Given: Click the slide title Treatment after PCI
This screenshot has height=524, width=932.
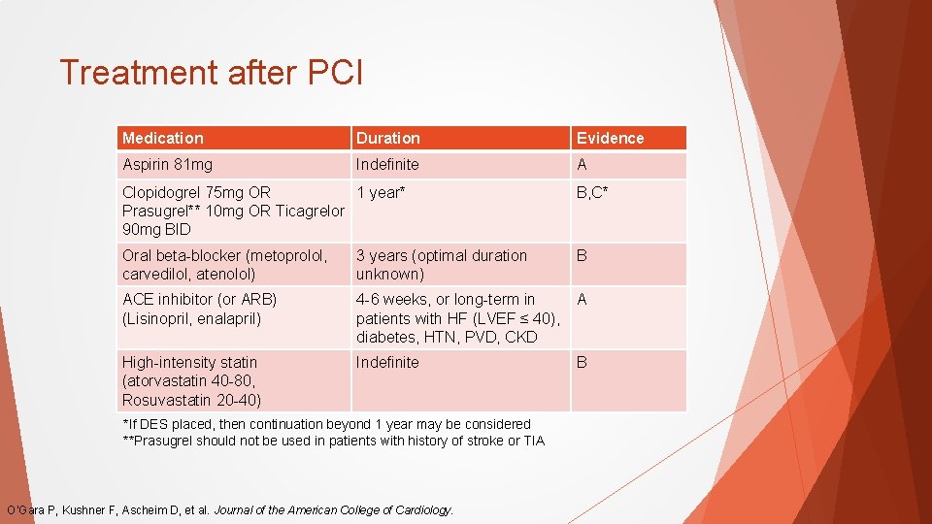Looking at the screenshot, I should tap(211, 73).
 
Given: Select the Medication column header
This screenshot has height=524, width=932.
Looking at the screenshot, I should tap(163, 138).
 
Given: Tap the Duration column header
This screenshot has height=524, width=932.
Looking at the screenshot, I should tap(388, 138).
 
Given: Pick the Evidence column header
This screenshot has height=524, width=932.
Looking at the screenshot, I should tap(610, 138).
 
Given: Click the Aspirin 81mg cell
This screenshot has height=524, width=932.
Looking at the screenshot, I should tap(167, 165).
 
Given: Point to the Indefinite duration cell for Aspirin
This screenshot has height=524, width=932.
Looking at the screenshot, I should tap(387, 165).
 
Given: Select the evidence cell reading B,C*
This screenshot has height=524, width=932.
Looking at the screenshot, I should tap(592, 192).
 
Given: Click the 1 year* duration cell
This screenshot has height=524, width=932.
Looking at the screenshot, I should tap(380, 192).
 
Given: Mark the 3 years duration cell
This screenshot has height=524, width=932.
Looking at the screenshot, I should tap(442, 264).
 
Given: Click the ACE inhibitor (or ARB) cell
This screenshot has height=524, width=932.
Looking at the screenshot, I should tap(199, 309).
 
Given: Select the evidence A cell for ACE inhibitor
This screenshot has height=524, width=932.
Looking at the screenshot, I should tap(582, 300).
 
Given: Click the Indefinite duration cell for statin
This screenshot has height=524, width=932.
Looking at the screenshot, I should tap(387, 362).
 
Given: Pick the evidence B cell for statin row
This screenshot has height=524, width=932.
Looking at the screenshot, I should tap(582, 362).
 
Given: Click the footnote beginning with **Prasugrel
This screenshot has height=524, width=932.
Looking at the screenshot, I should tap(333, 441).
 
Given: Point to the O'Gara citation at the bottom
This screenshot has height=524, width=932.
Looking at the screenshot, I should tap(230, 509).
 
